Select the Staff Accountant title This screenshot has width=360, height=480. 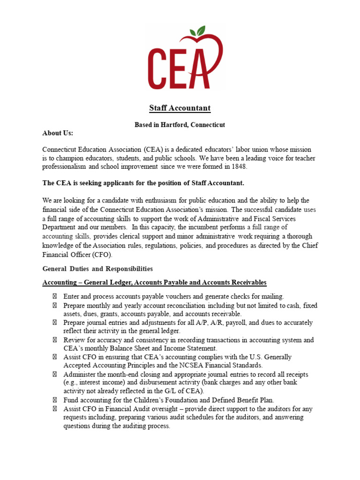click(x=180, y=108)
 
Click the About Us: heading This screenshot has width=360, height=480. click(x=58, y=133)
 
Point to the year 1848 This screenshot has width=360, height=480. click(x=237, y=167)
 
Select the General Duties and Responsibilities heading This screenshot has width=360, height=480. click(x=97, y=269)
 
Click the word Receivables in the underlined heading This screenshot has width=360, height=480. click(x=247, y=282)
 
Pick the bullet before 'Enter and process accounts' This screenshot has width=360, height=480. click(x=54, y=296)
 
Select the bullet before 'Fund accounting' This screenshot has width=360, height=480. click(x=54, y=400)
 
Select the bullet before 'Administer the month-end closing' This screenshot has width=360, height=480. click(x=54, y=374)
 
